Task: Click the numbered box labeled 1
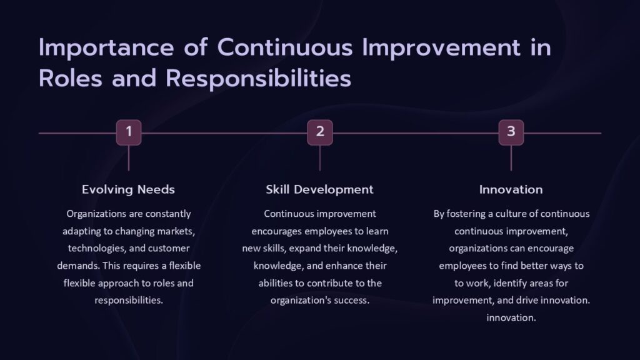(x=128, y=132)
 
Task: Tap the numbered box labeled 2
(x=319, y=132)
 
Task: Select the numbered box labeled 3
(x=511, y=132)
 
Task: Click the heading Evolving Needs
(x=128, y=189)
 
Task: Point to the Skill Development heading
(x=319, y=189)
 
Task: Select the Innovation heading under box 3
(x=511, y=189)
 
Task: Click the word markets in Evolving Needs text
(x=177, y=231)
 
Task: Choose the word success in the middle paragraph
(x=353, y=300)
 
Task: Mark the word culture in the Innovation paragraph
(x=517, y=214)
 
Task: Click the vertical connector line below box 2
(x=319, y=158)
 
